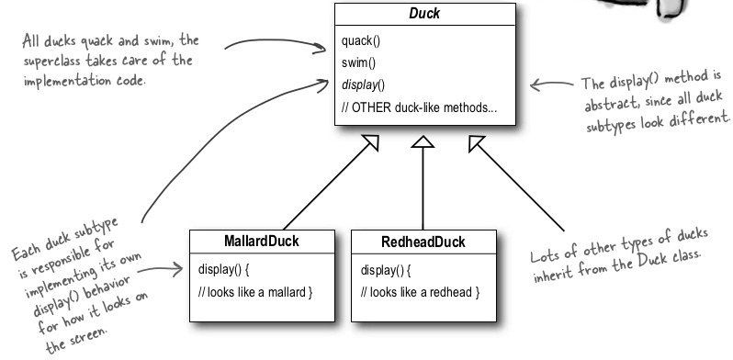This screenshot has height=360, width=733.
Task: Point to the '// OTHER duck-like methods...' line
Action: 419,107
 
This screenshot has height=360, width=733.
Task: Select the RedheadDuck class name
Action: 422,242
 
